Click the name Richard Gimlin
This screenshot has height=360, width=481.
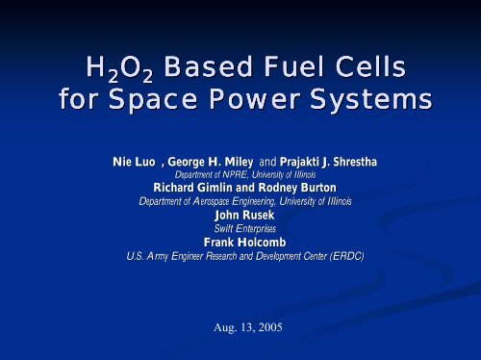point(190,189)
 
